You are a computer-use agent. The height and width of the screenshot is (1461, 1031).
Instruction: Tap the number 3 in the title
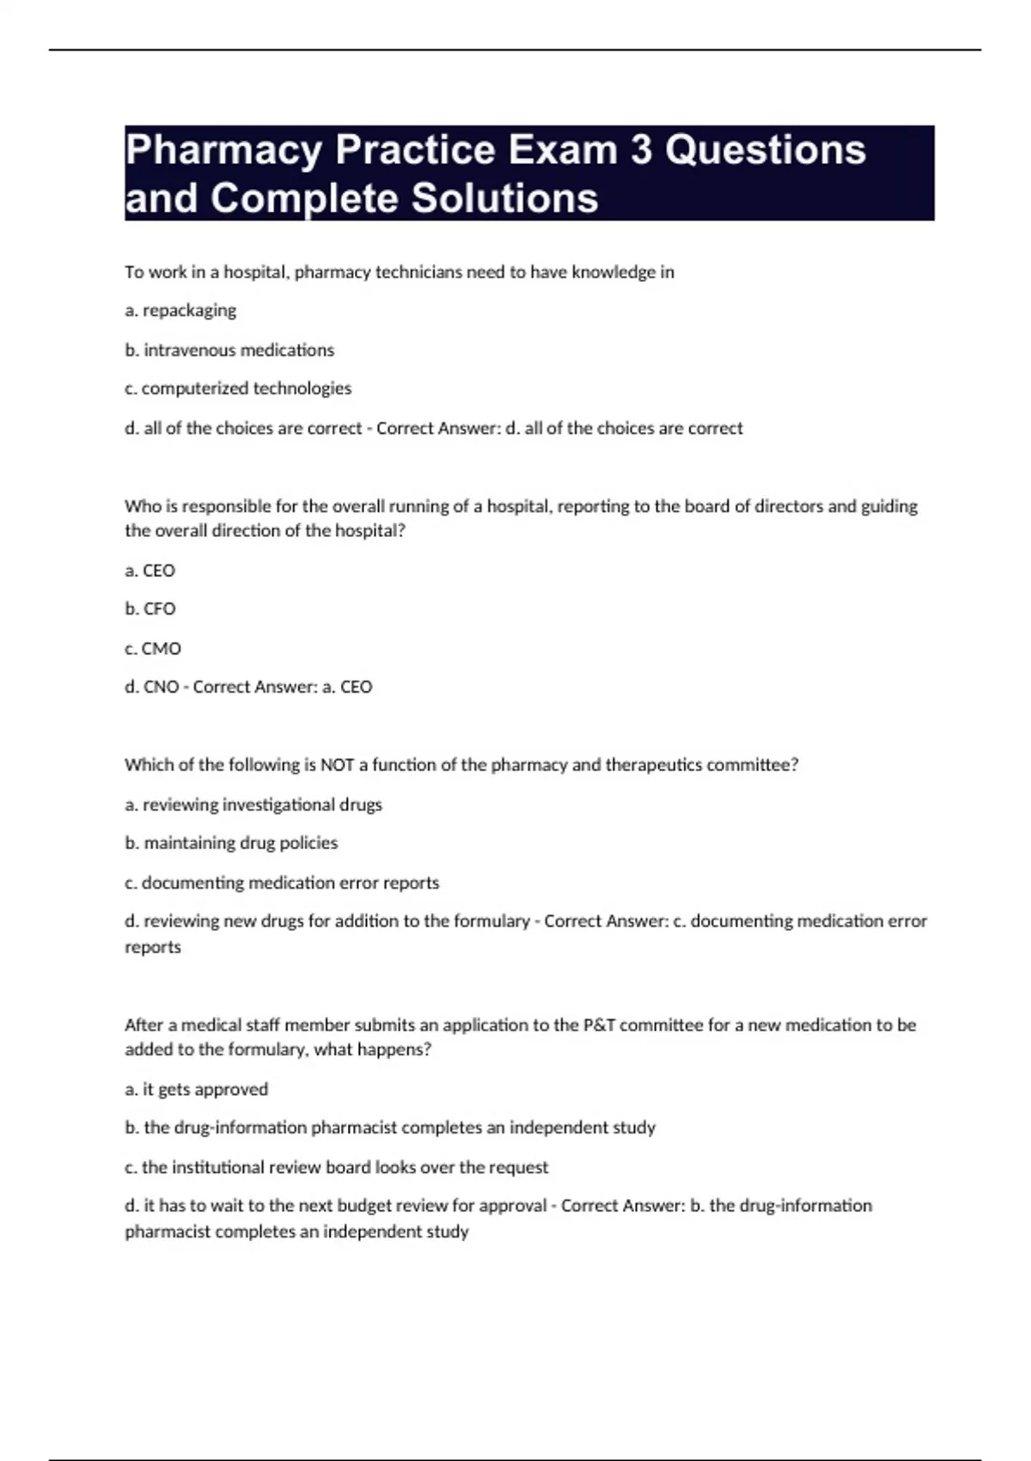pyautogui.click(x=642, y=150)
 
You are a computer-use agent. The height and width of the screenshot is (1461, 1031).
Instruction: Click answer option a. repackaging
pyautogui.click(x=180, y=310)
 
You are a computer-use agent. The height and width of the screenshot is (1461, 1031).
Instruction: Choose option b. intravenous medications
pyautogui.click(x=229, y=350)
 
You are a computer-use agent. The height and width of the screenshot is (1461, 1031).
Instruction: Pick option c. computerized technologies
pyautogui.click(x=238, y=388)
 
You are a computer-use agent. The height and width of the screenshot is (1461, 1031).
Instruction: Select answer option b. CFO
pyautogui.click(x=150, y=608)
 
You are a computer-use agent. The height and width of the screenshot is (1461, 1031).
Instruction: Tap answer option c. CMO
pyautogui.click(x=153, y=648)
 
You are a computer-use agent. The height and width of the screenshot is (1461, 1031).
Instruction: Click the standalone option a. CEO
pyautogui.click(x=150, y=570)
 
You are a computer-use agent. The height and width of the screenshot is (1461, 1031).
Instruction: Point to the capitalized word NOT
pyautogui.click(x=337, y=765)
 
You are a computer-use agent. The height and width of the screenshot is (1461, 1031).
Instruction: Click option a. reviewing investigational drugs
pyautogui.click(x=253, y=804)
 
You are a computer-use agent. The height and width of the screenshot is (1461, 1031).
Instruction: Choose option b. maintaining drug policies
pyautogui.click(x=231, y=843)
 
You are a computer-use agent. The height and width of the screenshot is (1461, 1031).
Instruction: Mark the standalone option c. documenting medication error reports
pyautogui.click(x=282, y=883)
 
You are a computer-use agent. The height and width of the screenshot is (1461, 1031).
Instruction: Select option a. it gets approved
pyautogui.click(x=197, y=1089)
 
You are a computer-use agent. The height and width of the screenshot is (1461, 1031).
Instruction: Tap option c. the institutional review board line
pyautogui.click(x=336, y=1167)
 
